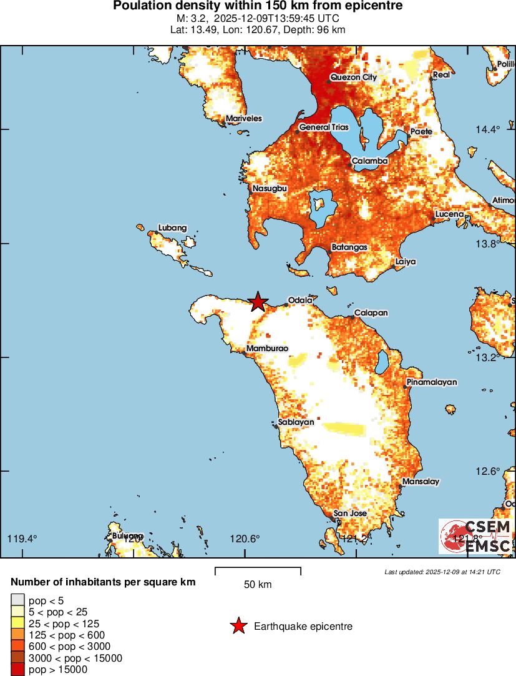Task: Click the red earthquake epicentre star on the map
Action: (x=258, y=302)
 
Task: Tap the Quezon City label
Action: (x=353, y=77)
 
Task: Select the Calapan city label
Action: (x=371, y=313)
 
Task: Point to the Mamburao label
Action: (x=267, y=349)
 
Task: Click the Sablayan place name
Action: (x=296, y=422)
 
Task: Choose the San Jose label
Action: (x=350, y=514)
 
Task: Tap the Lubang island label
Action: (x=172, y=228)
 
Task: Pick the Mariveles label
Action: (x=244, y=119)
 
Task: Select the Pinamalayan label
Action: (x=432, y=382)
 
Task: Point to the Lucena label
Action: (x=449, y=214)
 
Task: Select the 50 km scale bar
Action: (x=258, y=571)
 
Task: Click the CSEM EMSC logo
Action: (x=476, y=537)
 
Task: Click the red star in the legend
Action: (x=238, y=626)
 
